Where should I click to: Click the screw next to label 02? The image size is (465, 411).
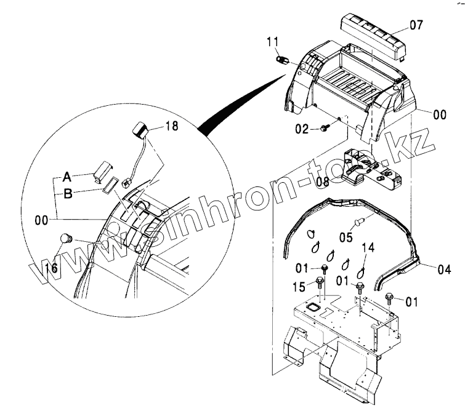325,128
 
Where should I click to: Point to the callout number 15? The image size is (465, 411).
298,287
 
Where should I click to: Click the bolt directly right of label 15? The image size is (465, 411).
320,283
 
